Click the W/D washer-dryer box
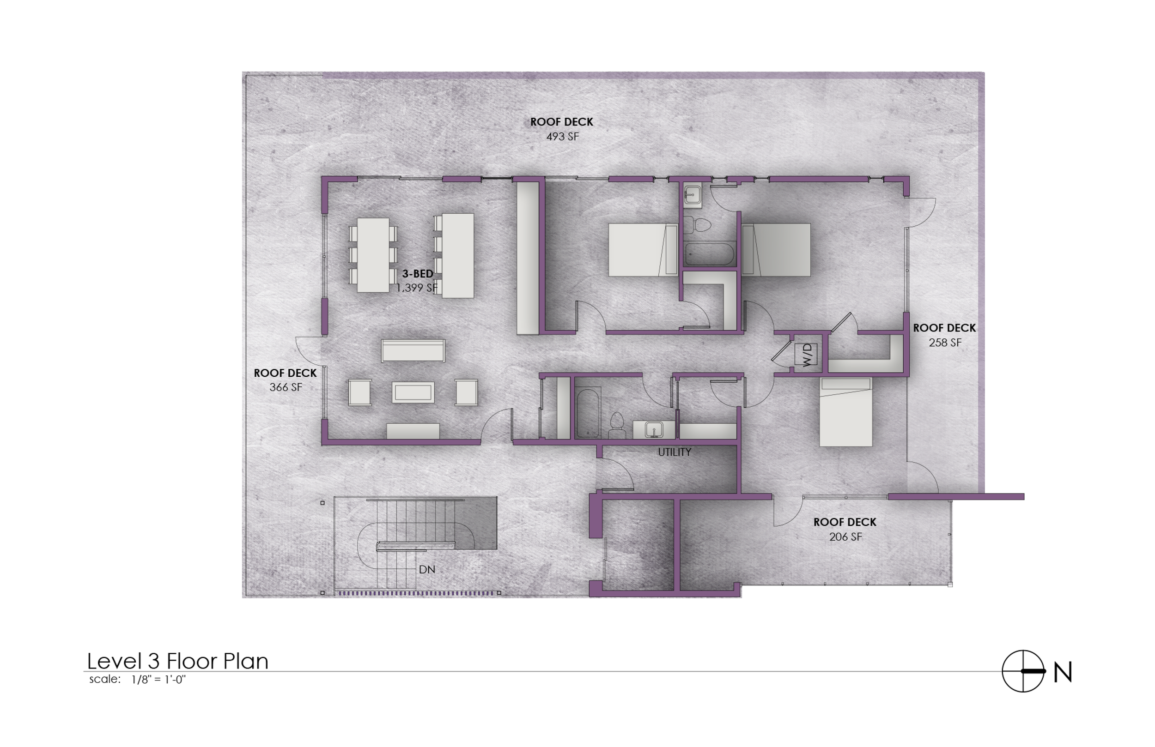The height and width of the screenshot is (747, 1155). tap(806, 354)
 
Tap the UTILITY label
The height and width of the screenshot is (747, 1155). tap(674, 452)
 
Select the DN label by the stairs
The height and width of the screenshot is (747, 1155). tap(426, 569)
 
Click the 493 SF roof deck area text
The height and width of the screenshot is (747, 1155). tap(562, 137)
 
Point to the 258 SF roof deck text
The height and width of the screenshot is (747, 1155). tap(944, 343)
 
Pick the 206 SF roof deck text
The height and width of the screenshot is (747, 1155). tap(845, 536)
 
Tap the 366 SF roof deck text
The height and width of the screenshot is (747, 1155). tap(286, 387)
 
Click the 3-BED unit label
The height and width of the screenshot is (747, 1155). tap(417, 274)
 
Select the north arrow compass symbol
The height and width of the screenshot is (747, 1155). tap(1022, 671)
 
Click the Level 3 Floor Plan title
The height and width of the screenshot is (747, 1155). tap(177, 661)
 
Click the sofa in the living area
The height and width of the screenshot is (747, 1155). tap(413, 350)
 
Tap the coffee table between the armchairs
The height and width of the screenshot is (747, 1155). tap(413, 392)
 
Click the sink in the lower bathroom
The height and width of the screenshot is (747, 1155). tap(654, 429)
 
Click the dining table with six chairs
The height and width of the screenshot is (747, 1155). tap(373, 255)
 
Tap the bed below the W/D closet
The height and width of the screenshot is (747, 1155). tap(845, 412)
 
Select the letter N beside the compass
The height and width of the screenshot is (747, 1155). tap(1062, 672)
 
